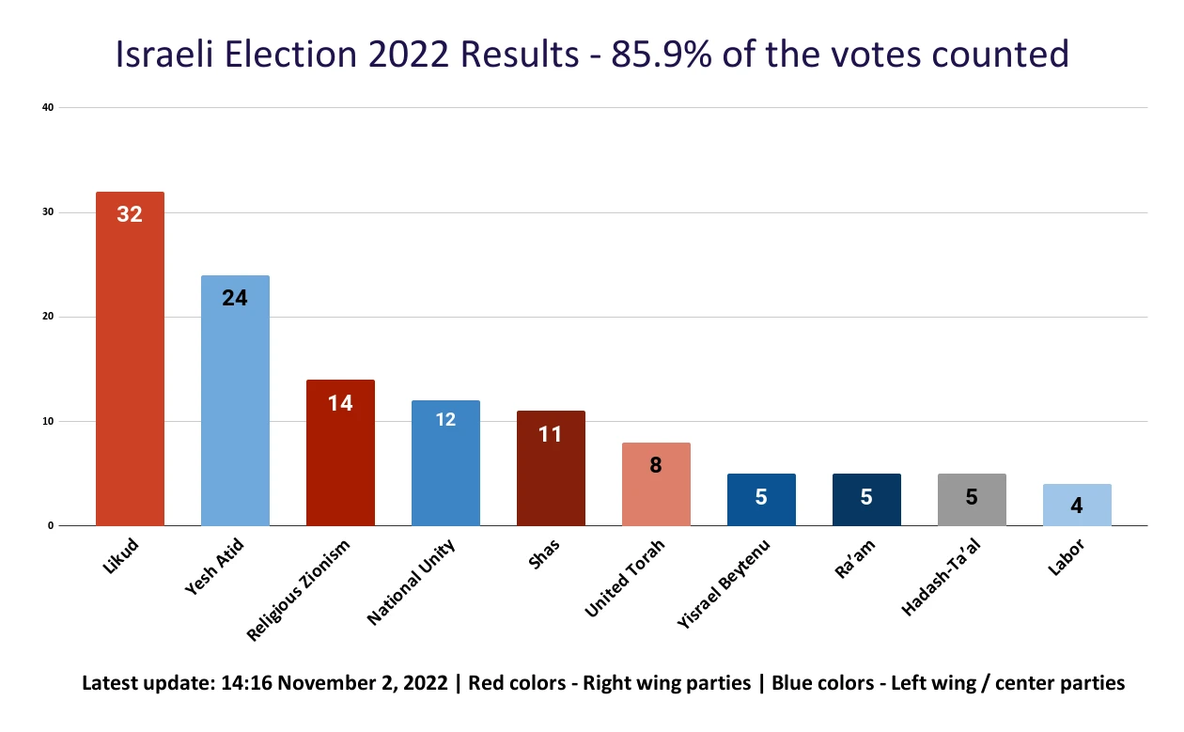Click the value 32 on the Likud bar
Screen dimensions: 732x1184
pyautogui.click(x=130, y=214)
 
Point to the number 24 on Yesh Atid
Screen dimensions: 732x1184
pyautogui.click(x=235, y=299)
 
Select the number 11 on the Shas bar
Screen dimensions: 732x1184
pyautogui.click(x=551, y=434)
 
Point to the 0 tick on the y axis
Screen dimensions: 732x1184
pyautogui.click(x=50, y=525)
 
